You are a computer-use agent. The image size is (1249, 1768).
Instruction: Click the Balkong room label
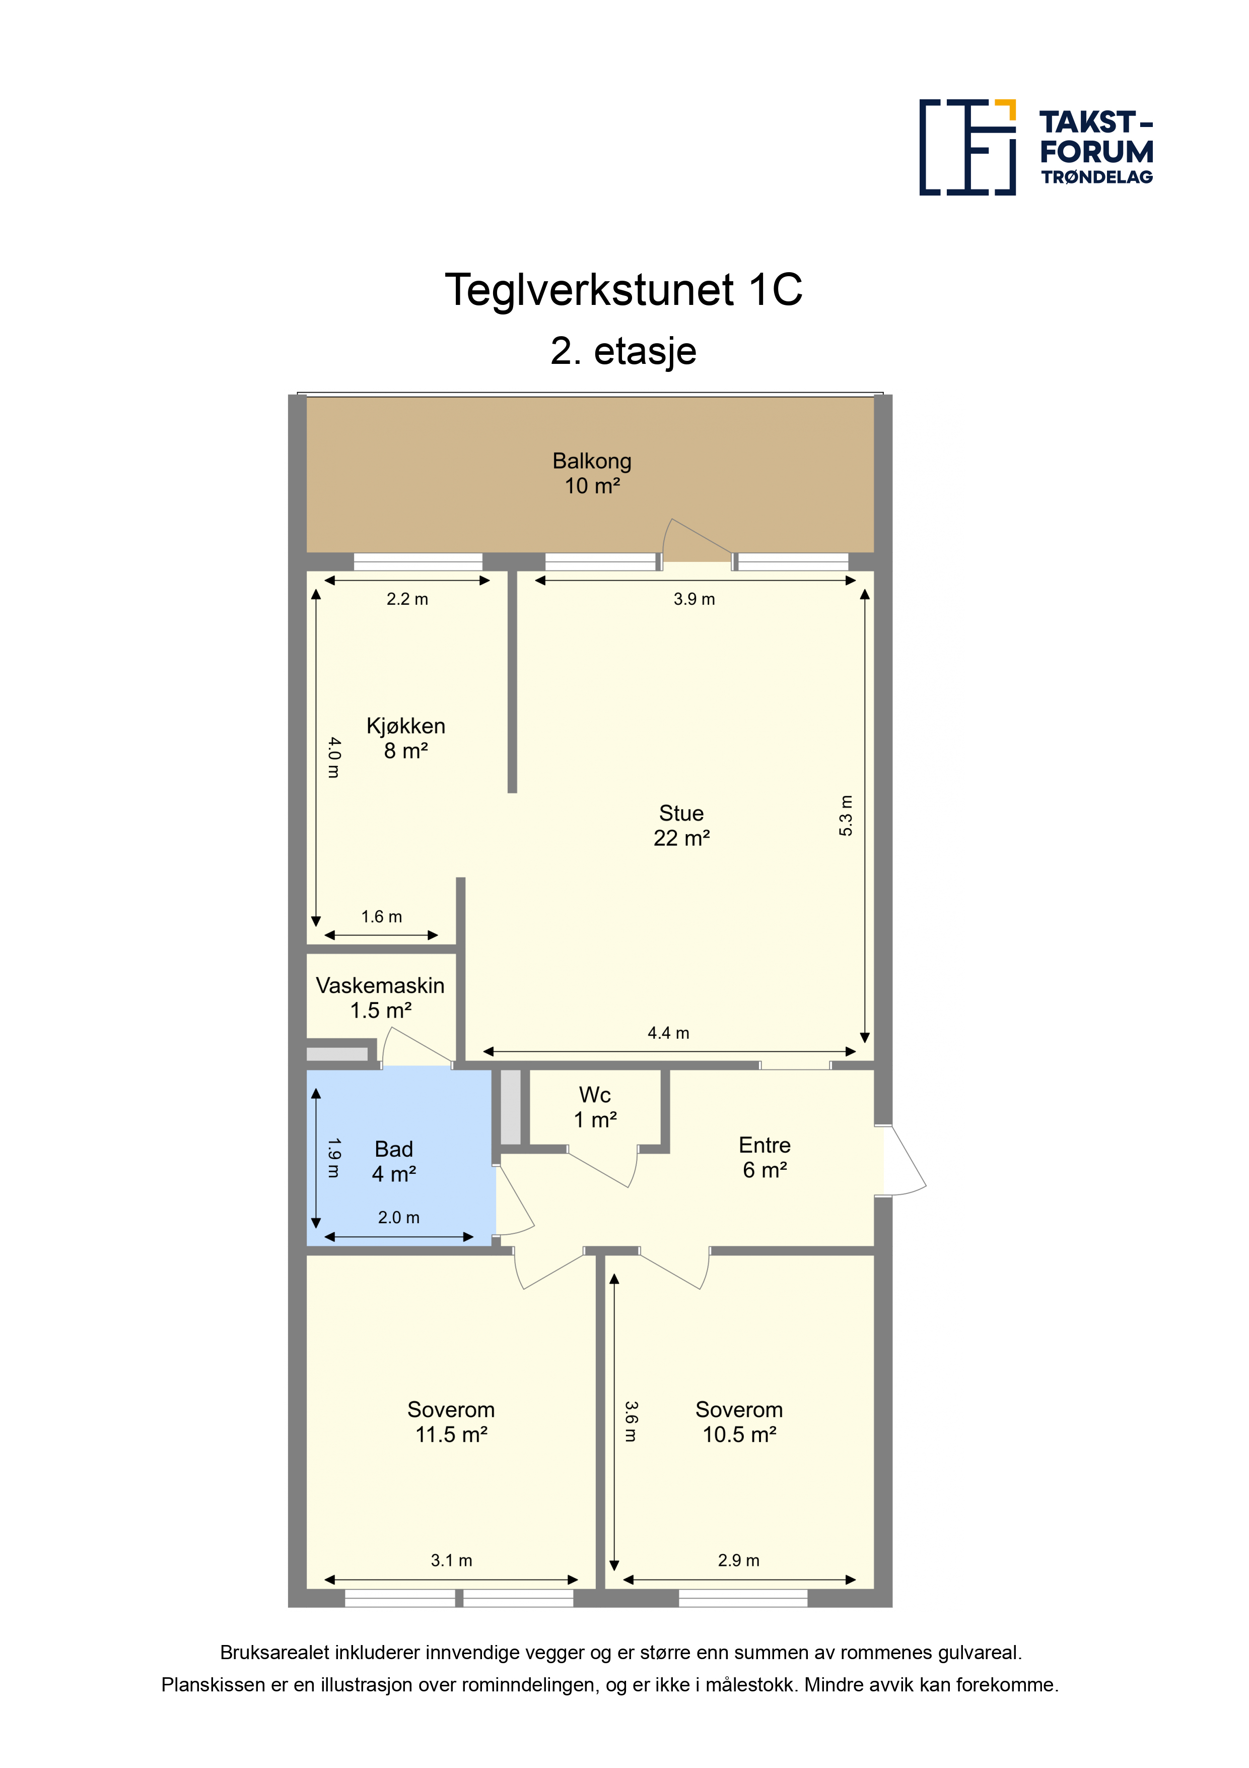(x=592, y=473)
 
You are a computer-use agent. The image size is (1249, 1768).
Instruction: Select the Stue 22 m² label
(x=681, y=826)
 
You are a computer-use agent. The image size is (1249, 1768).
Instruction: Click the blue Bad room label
(x=394, y=1161)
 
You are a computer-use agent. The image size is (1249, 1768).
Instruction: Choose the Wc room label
(x=595, y=1107)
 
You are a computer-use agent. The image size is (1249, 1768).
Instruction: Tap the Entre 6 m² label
(x=764, y=1157)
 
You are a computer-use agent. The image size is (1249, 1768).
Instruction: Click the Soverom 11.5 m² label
(x=451, y=1421)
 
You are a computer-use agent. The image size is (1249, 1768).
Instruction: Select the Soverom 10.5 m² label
(x=739, y=1421)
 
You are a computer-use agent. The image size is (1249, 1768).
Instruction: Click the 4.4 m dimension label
(x=668, y=1033)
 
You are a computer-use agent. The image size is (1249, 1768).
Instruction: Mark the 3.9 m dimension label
(x=694, y=599)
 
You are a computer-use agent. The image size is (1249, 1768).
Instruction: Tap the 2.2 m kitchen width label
(x=407, y=599)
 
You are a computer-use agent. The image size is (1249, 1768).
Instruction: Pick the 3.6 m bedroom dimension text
(x=630, y=1421)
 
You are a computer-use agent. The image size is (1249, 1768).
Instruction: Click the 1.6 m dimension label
(x=382, y=916)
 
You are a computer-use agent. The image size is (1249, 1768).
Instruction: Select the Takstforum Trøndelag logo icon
(x=967, y=147)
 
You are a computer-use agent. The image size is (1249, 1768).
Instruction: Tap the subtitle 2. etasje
(x=623, y=351)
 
